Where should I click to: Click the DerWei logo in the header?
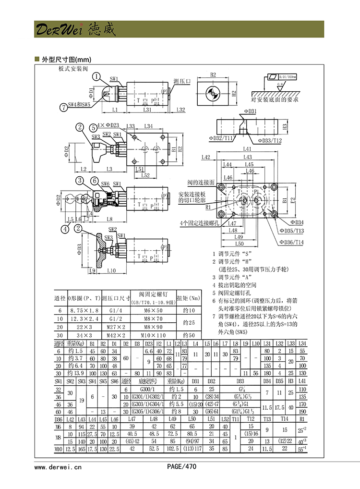[75, 30]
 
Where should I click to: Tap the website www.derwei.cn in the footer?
[58, 466]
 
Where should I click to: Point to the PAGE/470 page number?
[182, 466]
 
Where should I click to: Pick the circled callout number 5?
[93, 127]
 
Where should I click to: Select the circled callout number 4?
[64, 228]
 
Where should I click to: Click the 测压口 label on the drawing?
[182, 81]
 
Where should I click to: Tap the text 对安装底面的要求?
[275, 100]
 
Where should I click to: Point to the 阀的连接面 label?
[198, 183]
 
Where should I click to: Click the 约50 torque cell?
[188, 335]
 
